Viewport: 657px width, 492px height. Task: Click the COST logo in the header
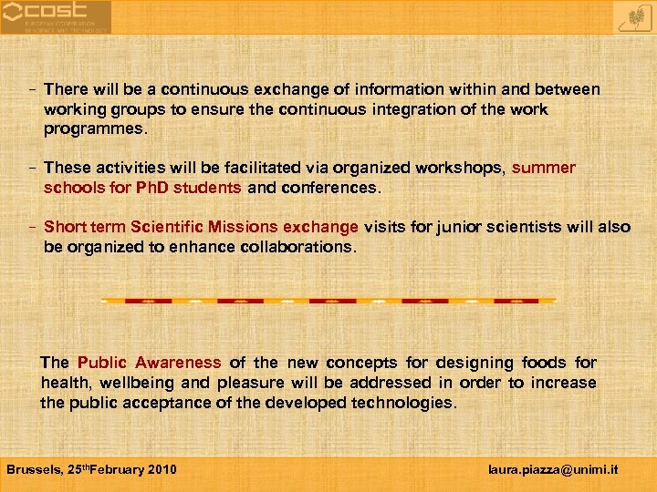coord(55,16)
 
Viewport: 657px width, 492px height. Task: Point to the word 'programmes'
coord(93,129)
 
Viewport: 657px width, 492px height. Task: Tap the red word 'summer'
coord(544,168)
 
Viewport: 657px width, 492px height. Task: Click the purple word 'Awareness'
coord(180,363)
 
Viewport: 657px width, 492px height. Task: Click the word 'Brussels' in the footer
coord(36,469)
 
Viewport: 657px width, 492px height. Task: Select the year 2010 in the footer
coord(161,469)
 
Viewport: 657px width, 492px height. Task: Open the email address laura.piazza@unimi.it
coord(553,469)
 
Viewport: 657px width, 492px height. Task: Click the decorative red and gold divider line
coord(328,300)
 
